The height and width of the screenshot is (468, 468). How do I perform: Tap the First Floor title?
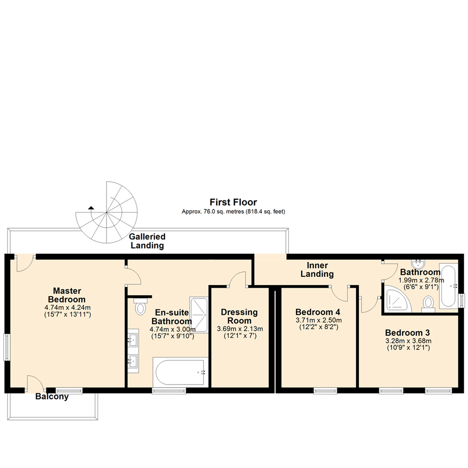point(233,202)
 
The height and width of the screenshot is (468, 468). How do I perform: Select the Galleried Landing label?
point(147,241)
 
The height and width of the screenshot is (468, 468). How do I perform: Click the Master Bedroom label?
point(67,295)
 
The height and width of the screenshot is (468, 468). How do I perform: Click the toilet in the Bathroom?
point(428,303)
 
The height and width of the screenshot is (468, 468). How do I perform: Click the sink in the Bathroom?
point(419,263)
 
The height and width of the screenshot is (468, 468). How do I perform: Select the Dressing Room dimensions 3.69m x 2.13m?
point(239,329)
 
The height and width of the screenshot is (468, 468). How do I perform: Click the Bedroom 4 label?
point(318,312)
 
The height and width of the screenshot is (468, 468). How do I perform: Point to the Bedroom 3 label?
point(407,333)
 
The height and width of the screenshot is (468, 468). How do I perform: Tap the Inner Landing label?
point(320,270)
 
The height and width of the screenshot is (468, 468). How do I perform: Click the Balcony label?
point(52,396)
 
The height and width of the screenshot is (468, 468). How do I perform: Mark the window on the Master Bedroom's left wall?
point(6,347)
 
